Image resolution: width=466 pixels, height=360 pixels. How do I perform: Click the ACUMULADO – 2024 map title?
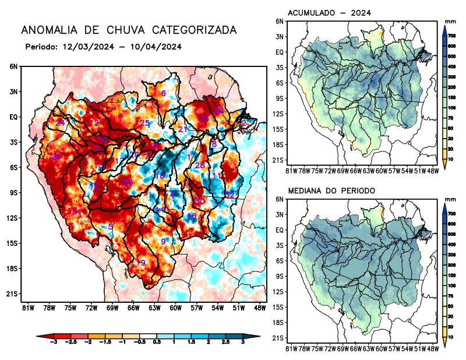(330, 12)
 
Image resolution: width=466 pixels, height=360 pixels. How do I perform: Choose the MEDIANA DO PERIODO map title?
(332, 190)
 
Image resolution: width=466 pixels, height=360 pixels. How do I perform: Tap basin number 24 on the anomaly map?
(60, 122)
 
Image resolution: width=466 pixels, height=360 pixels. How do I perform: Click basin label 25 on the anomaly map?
(145, 123)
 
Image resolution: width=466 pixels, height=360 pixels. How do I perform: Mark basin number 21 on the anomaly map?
(183, 129)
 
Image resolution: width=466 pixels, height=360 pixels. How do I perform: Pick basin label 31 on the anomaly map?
(76, 211)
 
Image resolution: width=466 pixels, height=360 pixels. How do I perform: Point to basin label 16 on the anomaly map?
(192, 217)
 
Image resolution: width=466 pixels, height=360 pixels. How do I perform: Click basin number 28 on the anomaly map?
(200, 165)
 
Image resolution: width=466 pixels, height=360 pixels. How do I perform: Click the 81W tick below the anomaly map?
(26, 308)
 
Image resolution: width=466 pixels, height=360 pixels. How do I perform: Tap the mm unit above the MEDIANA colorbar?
(450, 200)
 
